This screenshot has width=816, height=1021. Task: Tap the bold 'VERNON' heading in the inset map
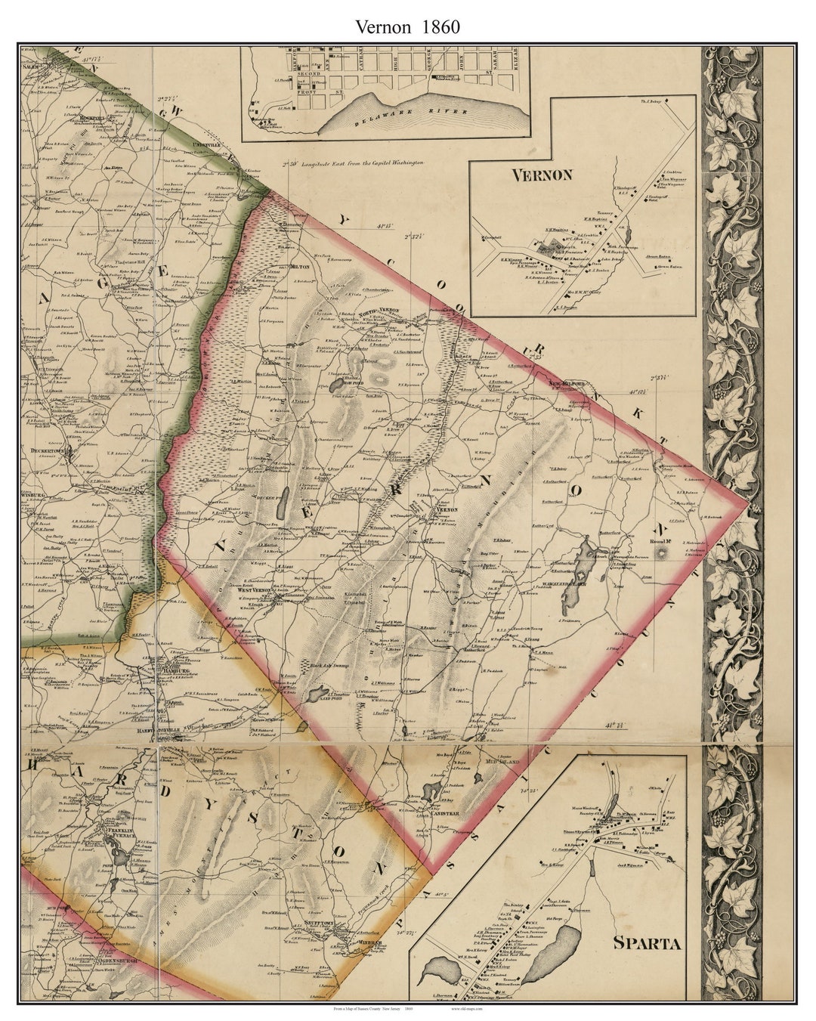[542, 175]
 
